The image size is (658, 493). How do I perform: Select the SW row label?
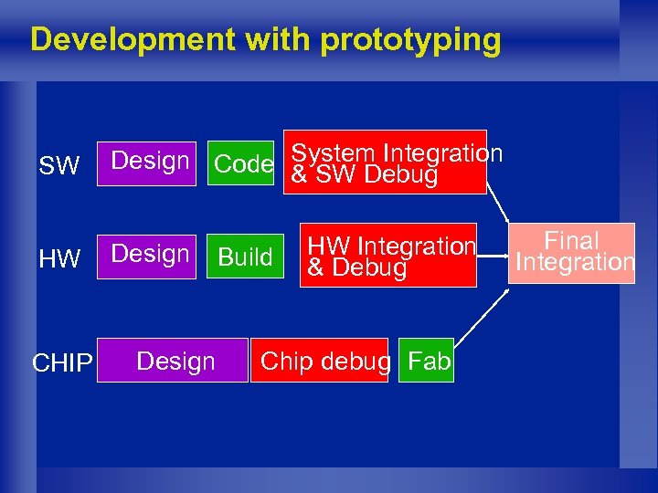pos(60,166)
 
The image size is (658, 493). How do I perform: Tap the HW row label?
pos(60,259)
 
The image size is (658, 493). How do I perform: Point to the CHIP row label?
pos(62,363)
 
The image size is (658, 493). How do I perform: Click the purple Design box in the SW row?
pos(149,163)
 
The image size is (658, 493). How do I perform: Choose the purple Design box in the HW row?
pos(149,256)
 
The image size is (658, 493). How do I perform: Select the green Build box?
pos(244,257)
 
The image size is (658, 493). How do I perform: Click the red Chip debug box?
pos(324,361)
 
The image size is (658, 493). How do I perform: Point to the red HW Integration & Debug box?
pos(390,256)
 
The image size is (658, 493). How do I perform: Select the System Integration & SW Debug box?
pos(387,162)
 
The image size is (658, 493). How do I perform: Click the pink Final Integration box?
pos(572,253)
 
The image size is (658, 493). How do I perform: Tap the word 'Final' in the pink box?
pos(571,241)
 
